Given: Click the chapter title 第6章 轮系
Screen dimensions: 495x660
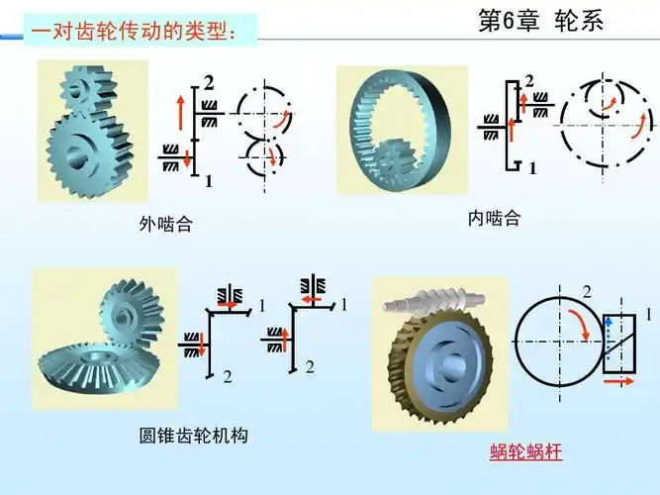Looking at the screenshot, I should click(539, 21).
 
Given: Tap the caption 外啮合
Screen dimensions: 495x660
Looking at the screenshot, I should click(165, 226).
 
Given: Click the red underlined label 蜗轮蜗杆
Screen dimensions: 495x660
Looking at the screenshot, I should click(525, 452).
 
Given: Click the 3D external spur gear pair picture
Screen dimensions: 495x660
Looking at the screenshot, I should click(92, 131).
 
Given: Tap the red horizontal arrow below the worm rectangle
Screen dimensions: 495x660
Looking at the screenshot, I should click(620, 379).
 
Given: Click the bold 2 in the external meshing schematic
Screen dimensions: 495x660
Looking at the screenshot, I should click(209, 81).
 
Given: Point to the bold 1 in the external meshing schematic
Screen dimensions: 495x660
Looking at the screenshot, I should click(209, 181).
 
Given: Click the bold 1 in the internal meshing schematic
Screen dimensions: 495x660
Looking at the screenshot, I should click(532, 168).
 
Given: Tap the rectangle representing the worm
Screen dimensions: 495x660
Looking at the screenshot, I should click(620, 342).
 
